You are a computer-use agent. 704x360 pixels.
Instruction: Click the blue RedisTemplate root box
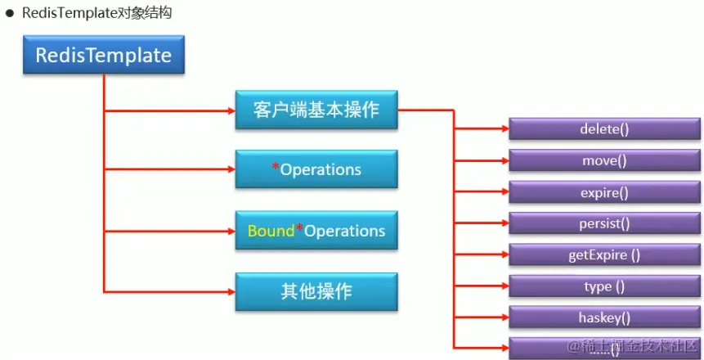[103, 56]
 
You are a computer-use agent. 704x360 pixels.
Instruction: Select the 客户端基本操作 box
[316, 109]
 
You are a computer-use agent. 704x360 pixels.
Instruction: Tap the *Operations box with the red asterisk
[316, 169]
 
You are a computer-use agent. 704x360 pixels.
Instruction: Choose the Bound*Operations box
[316, 231]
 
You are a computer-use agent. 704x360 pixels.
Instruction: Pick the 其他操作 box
[316, 291]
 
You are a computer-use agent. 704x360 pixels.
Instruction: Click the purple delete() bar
[604, 129]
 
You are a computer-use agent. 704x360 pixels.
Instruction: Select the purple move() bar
[604, 160]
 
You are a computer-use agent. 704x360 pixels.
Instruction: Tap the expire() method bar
[604, 192]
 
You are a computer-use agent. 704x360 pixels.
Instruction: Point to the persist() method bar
[604, 223]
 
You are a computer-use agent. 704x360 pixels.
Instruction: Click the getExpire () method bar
[604, 254]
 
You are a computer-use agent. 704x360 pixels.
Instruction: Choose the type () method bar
[604, 286]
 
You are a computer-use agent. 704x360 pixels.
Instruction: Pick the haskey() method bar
[604, 317]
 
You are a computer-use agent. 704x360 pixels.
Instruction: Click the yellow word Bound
[271, 231]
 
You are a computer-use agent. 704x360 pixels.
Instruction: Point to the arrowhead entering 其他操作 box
[230, 291]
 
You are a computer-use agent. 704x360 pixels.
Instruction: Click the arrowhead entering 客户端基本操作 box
[230, 109]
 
